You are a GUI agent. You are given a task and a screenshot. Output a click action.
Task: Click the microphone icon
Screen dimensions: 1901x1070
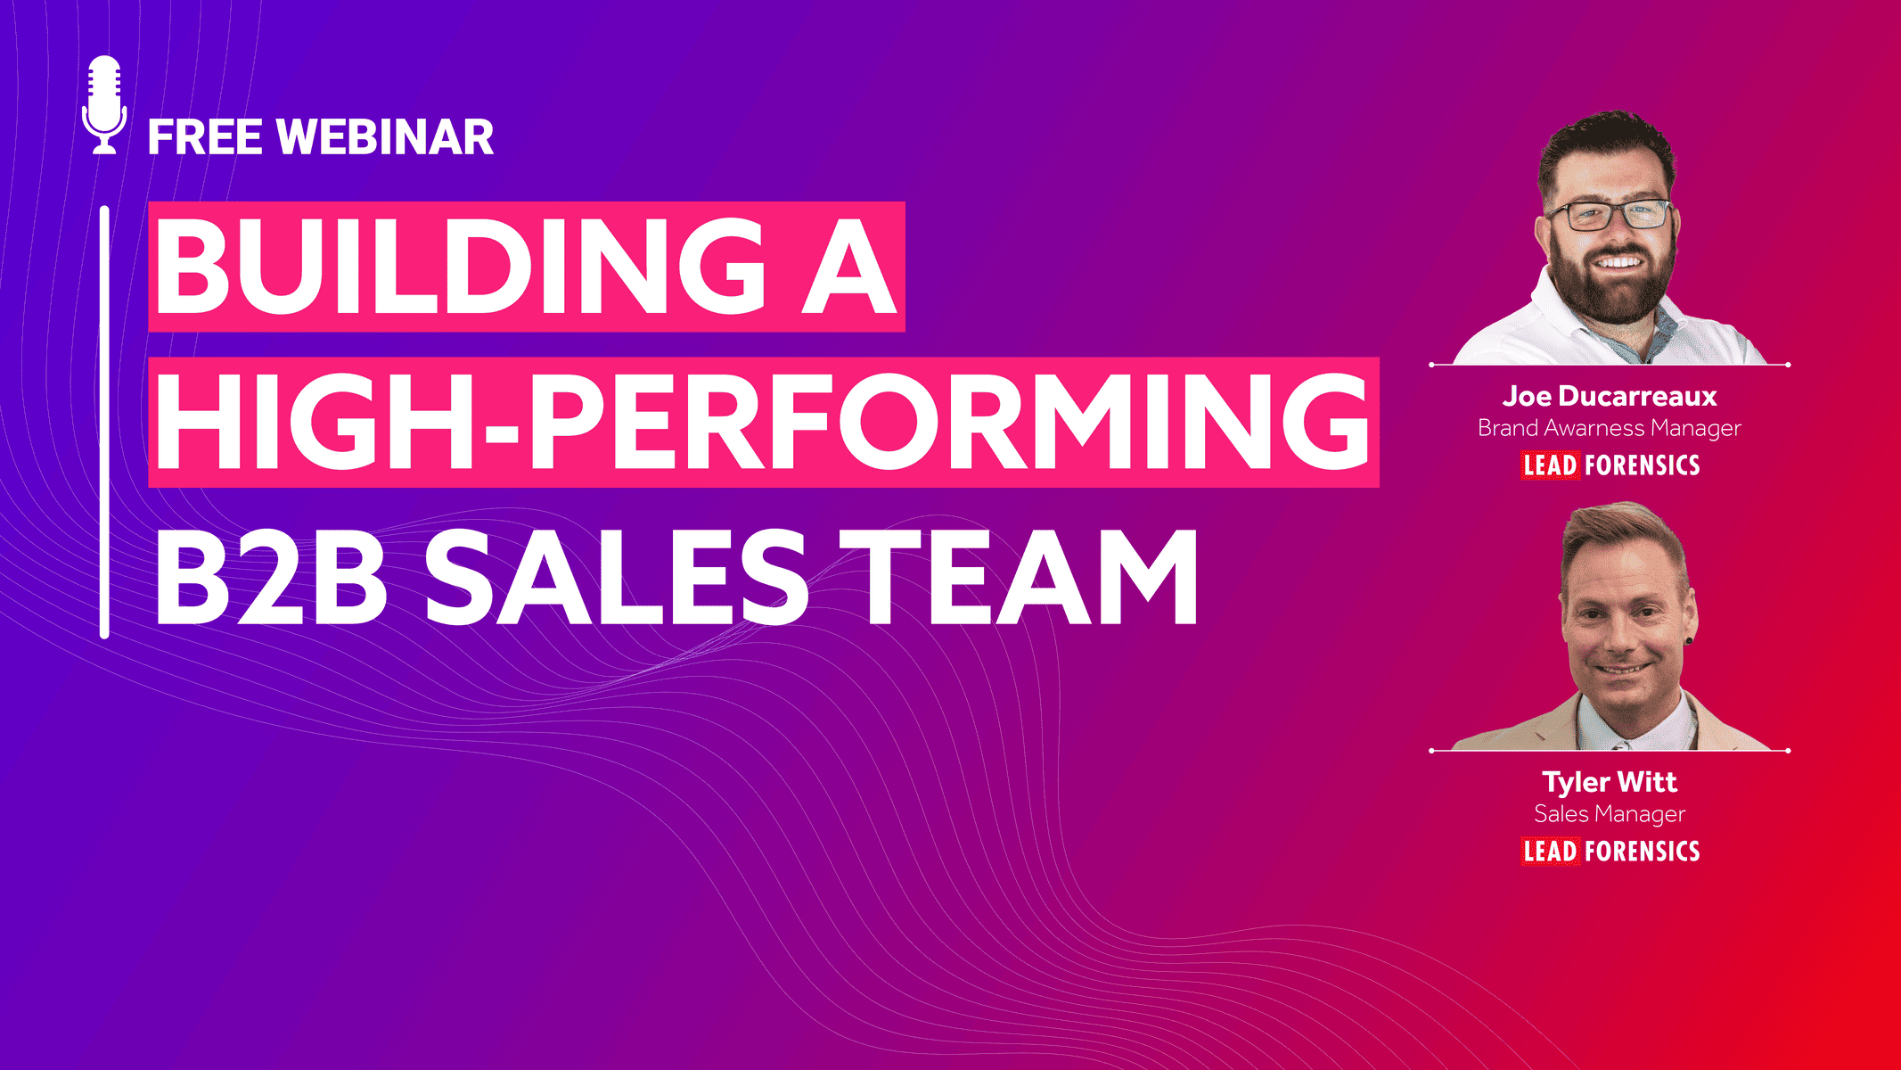click(x=104, y=105)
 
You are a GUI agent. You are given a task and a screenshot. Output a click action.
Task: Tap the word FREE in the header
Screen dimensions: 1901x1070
click(x=205, y=137)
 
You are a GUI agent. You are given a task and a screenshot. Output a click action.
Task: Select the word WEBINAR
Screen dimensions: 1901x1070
click(x=385, y=137)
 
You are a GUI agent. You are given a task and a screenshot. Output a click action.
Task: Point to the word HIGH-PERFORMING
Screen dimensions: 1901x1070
click(x=763, y=422)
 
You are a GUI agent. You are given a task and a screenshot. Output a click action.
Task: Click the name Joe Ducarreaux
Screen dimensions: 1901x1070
click(x=1610, y=396)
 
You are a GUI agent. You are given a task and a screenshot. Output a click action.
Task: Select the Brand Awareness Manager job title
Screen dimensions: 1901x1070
click(x=1610, y=429)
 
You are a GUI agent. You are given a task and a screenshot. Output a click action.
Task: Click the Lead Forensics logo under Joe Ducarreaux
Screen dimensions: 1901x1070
click(x=1610, y=465)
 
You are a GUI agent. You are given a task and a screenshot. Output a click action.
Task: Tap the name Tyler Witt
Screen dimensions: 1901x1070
click(x=1610, y=782)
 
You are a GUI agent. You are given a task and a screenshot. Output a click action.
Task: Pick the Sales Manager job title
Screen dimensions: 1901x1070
click(x=1610, y=814)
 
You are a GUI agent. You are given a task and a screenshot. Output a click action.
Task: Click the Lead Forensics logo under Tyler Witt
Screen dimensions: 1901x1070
click(x=1610, y=852)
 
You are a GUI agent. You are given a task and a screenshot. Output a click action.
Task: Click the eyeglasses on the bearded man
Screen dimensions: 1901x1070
click(x=1609, y=215)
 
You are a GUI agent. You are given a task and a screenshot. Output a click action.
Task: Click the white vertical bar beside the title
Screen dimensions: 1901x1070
click(x=104, y=422)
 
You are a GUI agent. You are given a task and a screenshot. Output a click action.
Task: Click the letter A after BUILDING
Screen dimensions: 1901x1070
click(x=848, y=267)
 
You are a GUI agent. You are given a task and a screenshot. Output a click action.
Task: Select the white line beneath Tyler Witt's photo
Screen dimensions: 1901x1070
click(x=1610, y=751)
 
